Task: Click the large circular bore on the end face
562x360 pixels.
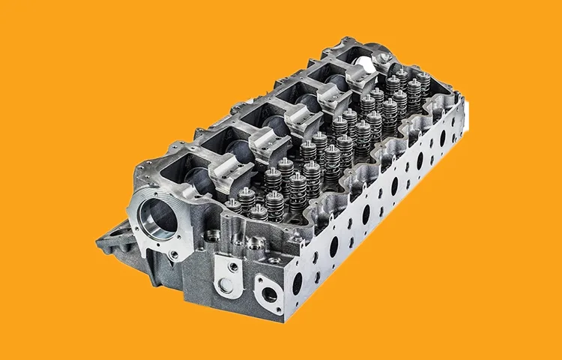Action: click(x=158, y=218)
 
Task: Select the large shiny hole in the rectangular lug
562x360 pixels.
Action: click(x=222, y=283)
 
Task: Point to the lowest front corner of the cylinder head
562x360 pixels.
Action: click(x=283, y=319)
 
